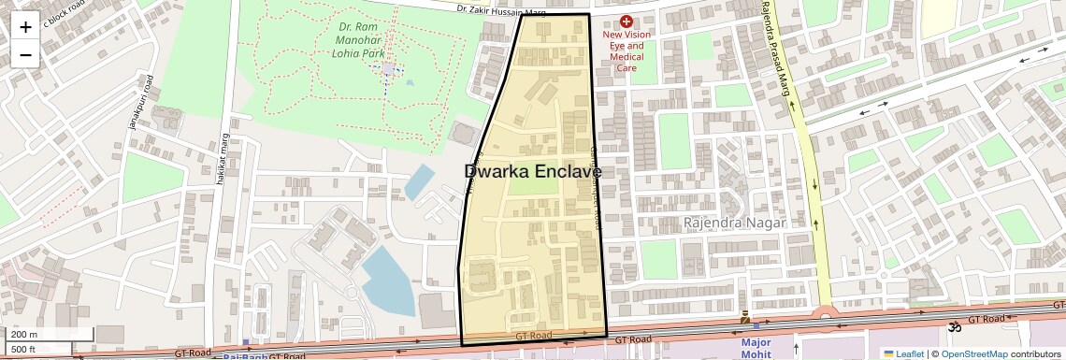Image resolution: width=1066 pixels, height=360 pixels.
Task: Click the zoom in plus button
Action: coord(25,26)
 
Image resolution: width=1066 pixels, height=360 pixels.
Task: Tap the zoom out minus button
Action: coord(25,54)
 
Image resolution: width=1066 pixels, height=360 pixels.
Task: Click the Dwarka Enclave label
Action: coord(532,172)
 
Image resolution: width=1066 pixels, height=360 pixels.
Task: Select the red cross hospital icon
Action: coord(627,21)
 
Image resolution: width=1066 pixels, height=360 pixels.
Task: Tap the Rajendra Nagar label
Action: coord(734,223)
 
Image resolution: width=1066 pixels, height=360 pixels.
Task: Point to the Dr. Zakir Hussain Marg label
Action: coord(501,11)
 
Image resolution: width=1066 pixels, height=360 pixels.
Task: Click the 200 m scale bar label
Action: coord(24,335)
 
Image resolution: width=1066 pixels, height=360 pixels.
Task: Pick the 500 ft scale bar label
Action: coord(24,350)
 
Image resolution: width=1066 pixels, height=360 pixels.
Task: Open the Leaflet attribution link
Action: coord(902,353)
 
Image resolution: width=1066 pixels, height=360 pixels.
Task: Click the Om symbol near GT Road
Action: coord(955,328)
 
